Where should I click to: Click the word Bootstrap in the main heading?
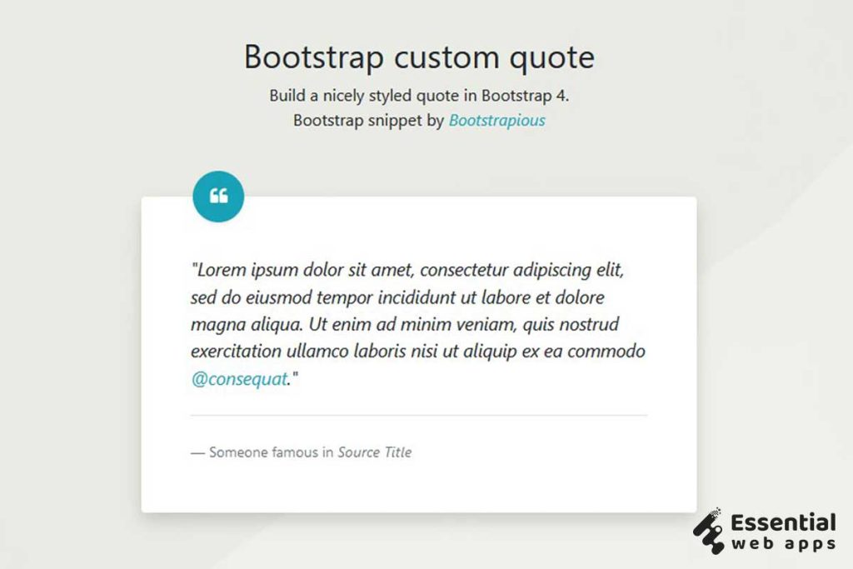[314, 57]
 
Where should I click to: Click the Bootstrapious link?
[497, 121]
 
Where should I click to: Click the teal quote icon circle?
[218, 197]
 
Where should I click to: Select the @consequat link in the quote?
[239, 379]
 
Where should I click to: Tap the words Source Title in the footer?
[375, 452]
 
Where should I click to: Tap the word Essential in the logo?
[783, 523]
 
